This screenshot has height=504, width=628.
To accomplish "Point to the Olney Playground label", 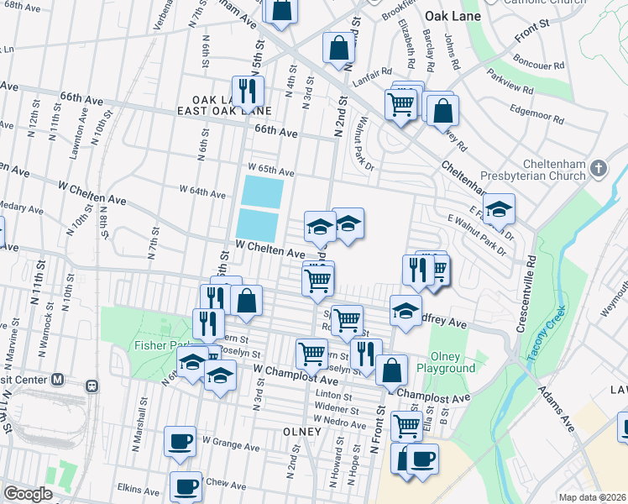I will click(x=452, y=361).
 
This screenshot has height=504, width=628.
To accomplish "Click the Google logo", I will click(x=28, y=494).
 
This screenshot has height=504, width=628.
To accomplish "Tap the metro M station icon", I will click(x=57, y=379).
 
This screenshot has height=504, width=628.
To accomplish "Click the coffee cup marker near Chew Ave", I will click(x=186, y=485).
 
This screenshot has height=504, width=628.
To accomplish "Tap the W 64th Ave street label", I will click(x=202, y=194).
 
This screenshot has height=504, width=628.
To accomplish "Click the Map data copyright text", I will click(x=593, y=496).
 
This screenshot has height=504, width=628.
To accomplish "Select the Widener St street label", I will click(x=332, y=408).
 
